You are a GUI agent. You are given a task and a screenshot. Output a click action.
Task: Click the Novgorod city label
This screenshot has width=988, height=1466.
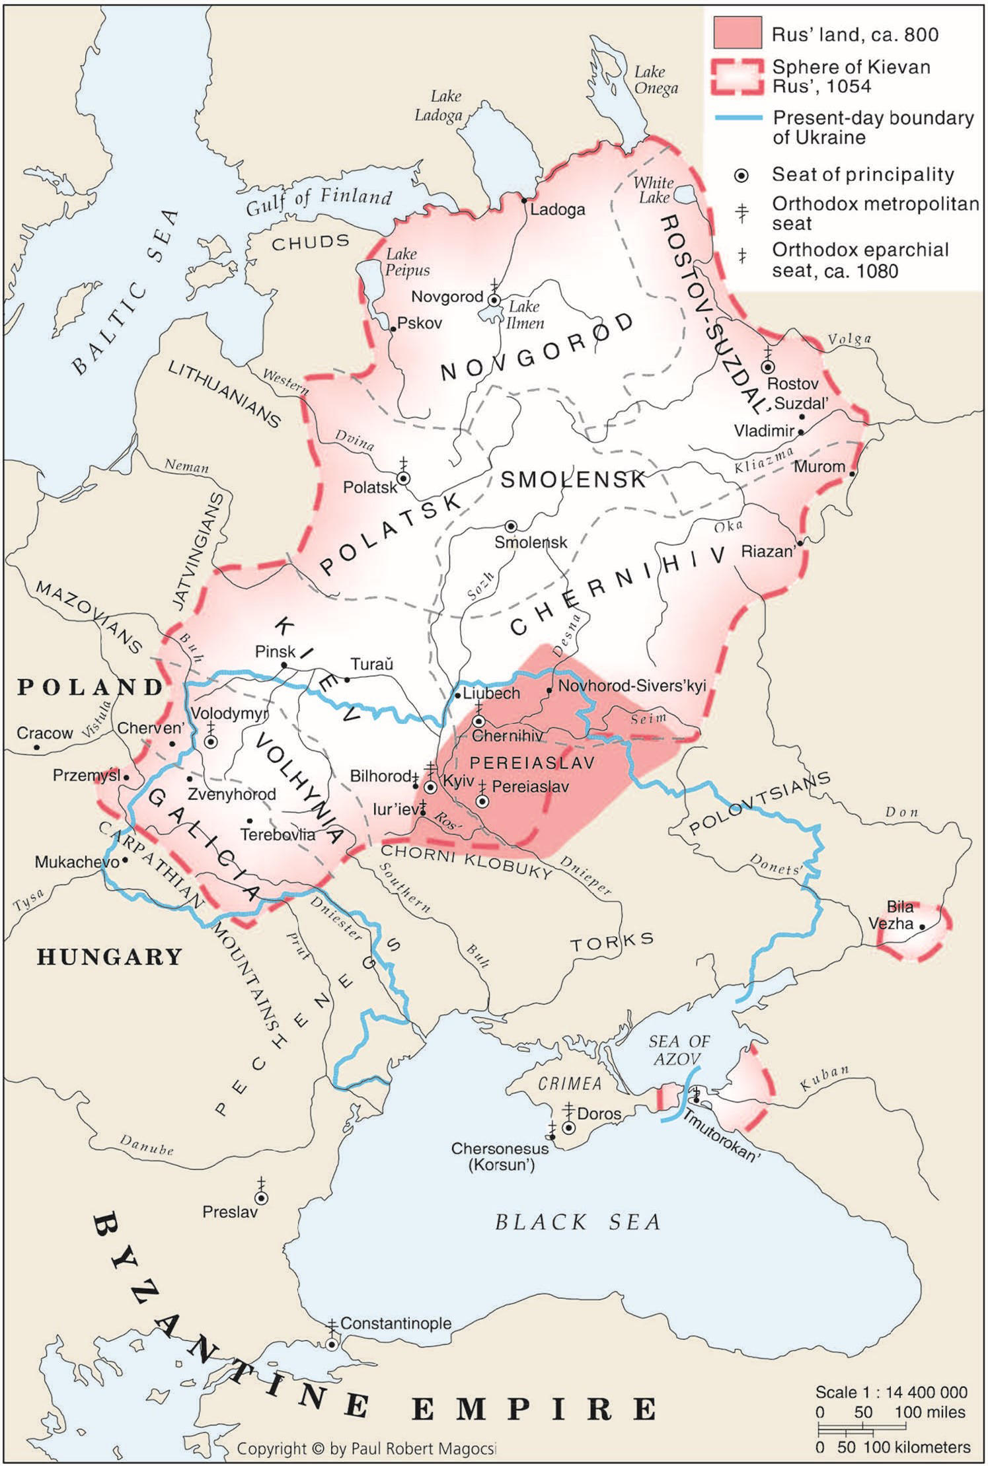(447, 297)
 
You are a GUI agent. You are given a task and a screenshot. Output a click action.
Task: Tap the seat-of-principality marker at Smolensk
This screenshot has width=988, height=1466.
(511, 526)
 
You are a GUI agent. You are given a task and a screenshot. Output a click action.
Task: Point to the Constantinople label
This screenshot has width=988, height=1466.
(395, 1323)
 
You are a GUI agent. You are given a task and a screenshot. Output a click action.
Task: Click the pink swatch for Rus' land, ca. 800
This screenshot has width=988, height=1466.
(737, 33)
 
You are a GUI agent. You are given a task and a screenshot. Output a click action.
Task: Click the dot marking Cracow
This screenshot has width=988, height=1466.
(38, 748)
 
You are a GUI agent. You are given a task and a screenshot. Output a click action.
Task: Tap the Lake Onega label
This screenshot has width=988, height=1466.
(656, 80)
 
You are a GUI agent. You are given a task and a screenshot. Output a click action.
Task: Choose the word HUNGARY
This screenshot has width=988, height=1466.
(109, 957)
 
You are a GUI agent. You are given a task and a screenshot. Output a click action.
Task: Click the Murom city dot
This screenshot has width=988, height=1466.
(853, 473)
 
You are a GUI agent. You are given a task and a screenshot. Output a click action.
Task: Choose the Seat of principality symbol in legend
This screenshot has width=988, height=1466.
(742, 175)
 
